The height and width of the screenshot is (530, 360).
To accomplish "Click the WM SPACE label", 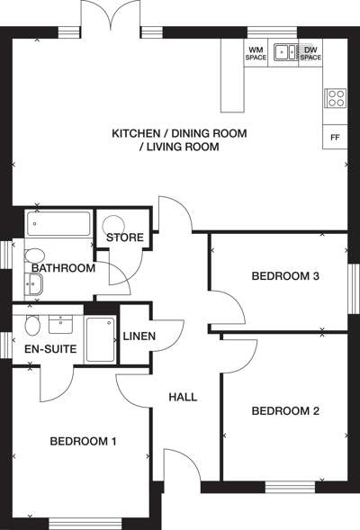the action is [x=256, y=54].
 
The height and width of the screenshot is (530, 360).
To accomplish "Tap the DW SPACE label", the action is [x=310, y=54].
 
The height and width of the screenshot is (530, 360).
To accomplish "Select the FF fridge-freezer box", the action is [x=335, y=137].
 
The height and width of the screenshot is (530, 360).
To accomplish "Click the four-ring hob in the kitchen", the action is [x=336, y=98].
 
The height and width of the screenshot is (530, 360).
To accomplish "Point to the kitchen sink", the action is [x=286, y=52].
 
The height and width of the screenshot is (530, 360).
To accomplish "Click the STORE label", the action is [x=125, y=238].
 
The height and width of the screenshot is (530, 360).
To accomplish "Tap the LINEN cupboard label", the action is [x=139, y=336].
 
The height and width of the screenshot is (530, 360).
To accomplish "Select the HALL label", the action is [x=183, y=397].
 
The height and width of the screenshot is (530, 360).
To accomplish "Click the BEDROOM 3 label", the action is [x=285, y=276].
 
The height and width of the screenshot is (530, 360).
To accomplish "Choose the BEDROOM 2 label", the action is [x=285, y=411].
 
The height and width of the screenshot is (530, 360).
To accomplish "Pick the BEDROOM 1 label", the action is [x=83, y=441].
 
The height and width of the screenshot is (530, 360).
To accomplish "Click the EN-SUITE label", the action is [x=50, y=349].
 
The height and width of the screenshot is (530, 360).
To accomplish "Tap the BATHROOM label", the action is [x=63, y=268].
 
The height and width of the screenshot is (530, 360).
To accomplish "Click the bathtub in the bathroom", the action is [x=58, y=223].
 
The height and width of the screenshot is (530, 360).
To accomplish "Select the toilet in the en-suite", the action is [x=32, y=326].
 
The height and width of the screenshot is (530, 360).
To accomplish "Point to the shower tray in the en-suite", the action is [x=101, y=340].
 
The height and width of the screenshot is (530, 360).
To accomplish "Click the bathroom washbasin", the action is [x=33, y=284].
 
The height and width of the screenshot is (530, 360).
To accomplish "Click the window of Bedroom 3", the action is [x=354, y=289].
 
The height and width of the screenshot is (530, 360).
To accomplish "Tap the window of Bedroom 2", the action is [x=290, y=487].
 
